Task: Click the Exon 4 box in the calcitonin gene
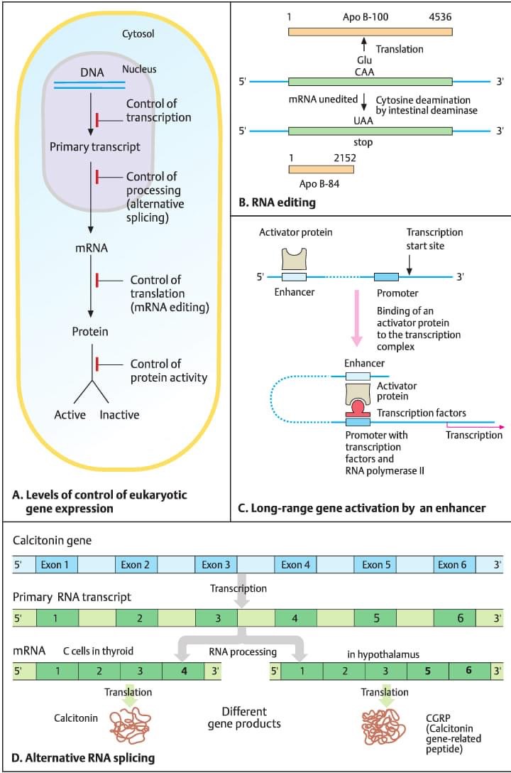296,565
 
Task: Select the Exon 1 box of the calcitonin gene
55,565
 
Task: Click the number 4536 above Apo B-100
438,16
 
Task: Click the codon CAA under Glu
363,70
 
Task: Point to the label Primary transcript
94,147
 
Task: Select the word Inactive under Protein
119,415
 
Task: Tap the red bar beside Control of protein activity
97,363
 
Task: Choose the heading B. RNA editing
278,203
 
